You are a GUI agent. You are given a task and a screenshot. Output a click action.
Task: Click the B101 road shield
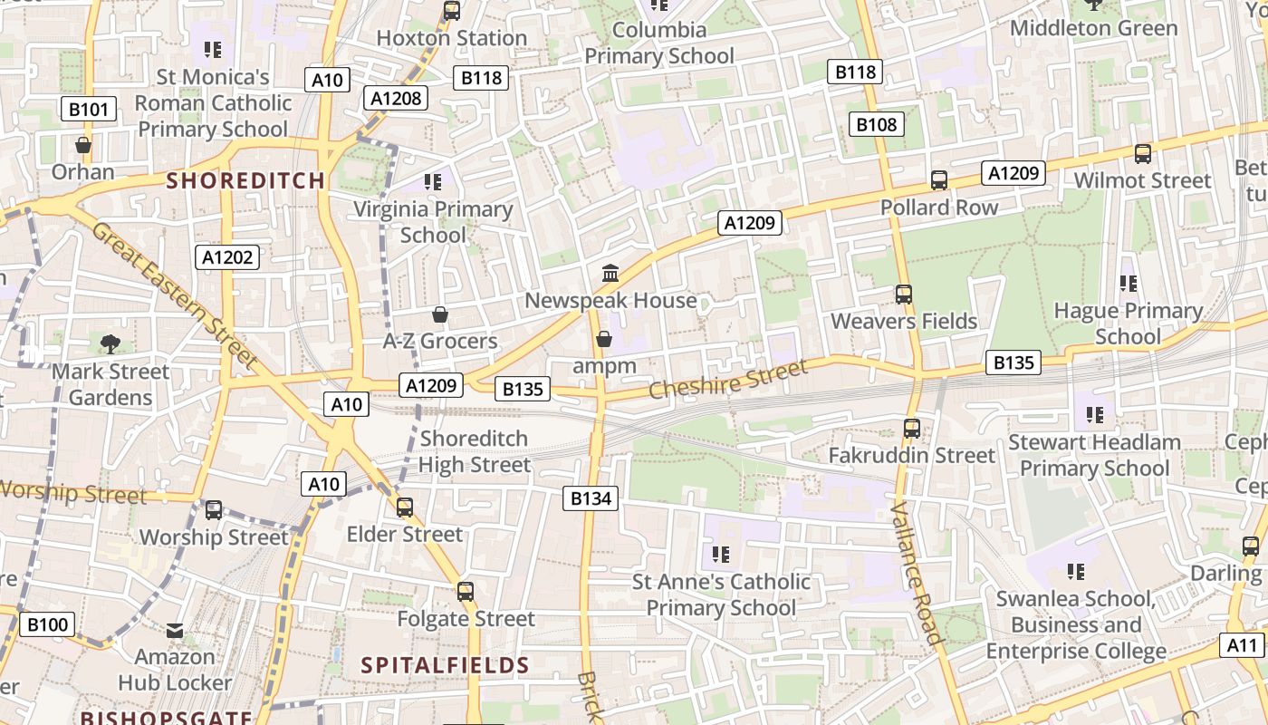(89, 110)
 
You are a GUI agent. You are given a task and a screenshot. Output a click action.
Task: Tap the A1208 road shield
(397, 98)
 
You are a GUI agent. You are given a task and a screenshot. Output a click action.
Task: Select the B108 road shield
(876, 124)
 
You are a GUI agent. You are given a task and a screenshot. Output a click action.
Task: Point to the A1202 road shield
(227, 257)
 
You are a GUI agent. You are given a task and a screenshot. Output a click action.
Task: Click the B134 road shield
(591, 498)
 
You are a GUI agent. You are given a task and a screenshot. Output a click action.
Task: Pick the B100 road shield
(47, 624)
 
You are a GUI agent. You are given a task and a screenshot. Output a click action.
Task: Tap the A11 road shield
(1243, 645)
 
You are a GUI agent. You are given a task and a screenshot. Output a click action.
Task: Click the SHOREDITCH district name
(245, 180)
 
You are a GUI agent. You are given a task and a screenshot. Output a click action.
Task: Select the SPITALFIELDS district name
(445, 665)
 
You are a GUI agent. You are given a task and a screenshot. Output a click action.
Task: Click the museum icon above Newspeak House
(610, 273)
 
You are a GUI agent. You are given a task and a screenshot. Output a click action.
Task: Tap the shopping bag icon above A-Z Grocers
(440, 314)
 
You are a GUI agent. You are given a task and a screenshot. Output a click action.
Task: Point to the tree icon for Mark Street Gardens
(110, 344)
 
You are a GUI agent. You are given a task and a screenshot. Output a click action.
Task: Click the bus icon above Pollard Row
(939, 180)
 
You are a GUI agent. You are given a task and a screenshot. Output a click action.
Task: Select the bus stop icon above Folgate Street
(466, 592)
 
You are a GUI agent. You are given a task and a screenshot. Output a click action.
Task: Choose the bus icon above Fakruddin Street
(912, 429)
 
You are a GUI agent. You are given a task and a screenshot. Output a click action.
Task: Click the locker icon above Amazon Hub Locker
(175, 630)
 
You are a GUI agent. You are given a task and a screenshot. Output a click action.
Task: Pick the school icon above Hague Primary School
(1128, 284)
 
